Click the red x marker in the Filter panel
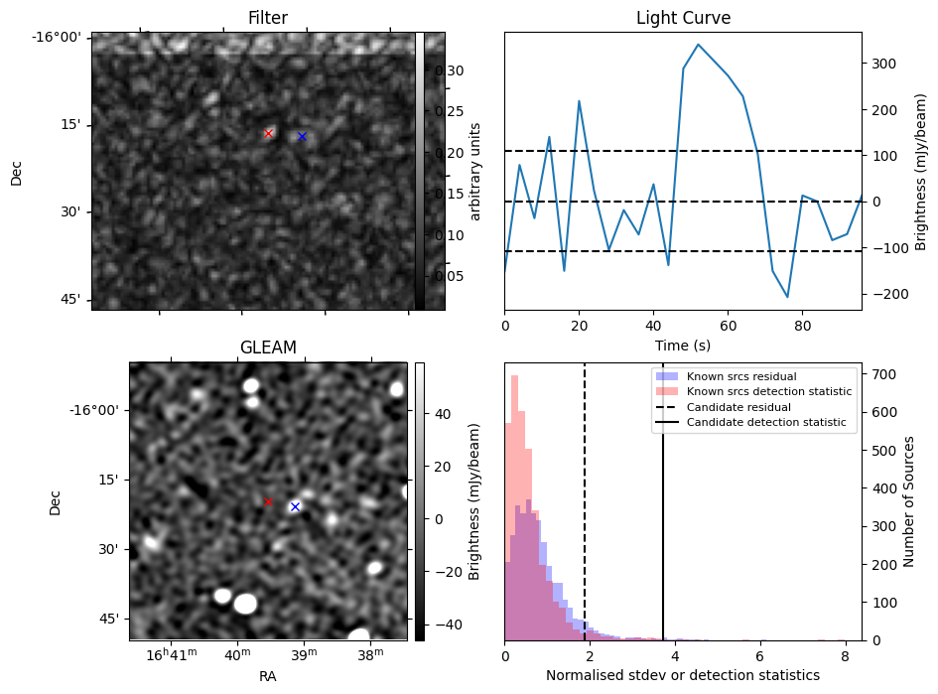click(x=268, y=133)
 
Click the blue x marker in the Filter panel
click(x=302, y=136)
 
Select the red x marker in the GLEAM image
click(x=268, y=501)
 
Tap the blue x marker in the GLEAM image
click(x=295, y=506)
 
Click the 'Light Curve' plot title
click(x=682, y=19)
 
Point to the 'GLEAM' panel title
click(x=268, y=347)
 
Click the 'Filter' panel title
click(x=268, y=19)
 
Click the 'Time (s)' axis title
click(x=682, y=345)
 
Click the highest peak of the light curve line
click(x=699, y=45)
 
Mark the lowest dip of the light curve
click(x=787, y=297)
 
